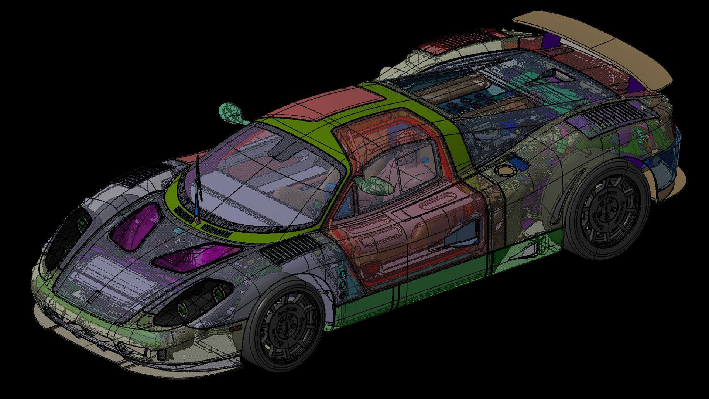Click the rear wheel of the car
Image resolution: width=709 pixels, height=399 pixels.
pos(606,211)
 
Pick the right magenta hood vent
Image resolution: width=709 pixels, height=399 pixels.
pos(196,256)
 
